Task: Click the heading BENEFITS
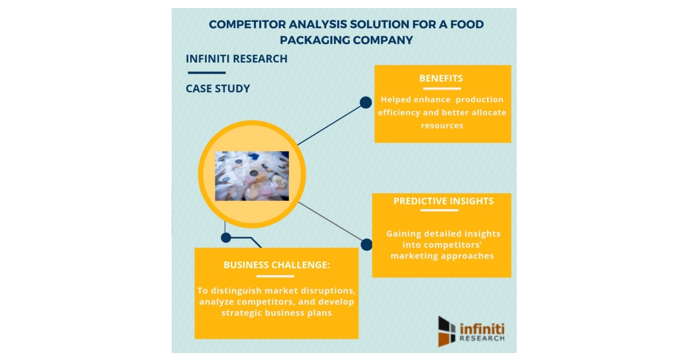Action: (441, 78)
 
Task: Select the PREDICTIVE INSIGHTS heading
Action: (443, 201)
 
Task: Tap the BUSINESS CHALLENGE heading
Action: (277, 265)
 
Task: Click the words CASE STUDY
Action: (218, 89)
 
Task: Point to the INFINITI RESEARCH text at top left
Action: (237, 59)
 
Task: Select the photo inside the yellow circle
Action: (251, 176)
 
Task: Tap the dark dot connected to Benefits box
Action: (366, 103)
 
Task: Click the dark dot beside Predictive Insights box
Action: (366, 245)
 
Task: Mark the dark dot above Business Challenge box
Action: (226, 237)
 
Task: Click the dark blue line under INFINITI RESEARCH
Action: (206, 73)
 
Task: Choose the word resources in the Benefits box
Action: (442, 125)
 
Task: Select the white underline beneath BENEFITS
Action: (441, 88)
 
